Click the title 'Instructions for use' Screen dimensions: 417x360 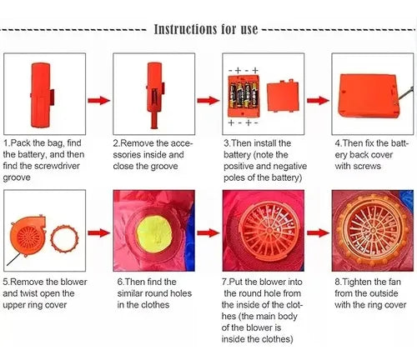click(x=206, y=29)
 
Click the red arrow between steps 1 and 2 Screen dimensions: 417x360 click(x=99, y=100)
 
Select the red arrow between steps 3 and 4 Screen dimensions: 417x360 click(x=318, y=100)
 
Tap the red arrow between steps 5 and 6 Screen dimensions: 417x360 click(x=99, y=232)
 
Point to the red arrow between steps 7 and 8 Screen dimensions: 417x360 click(x=318, y=232)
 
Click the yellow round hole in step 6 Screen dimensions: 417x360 click(x=154, y=232)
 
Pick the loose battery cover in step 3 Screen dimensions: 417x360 click(x=283, y=96)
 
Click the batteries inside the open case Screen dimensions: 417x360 click(x=244, y=96)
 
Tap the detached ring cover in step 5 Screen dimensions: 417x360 click(x=64, y=238)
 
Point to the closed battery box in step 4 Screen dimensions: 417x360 click(x=369, y=96)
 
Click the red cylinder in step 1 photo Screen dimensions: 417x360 click(x=41, y=95)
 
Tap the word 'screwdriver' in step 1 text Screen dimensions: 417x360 click(x=58, y=166)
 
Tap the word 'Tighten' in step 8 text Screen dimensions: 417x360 click(x=356, y=282)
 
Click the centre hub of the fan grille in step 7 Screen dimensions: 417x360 click(x=269, y=230)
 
